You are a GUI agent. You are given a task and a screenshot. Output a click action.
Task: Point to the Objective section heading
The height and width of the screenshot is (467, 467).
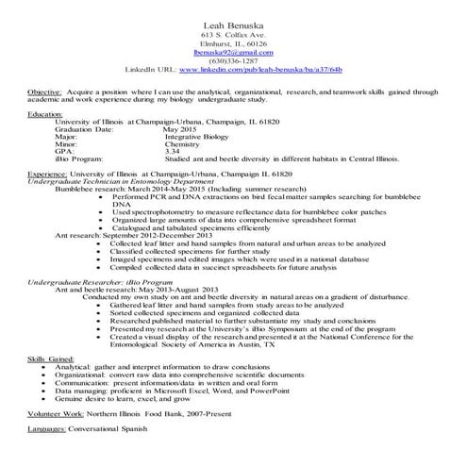click(x=44, y=92)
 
